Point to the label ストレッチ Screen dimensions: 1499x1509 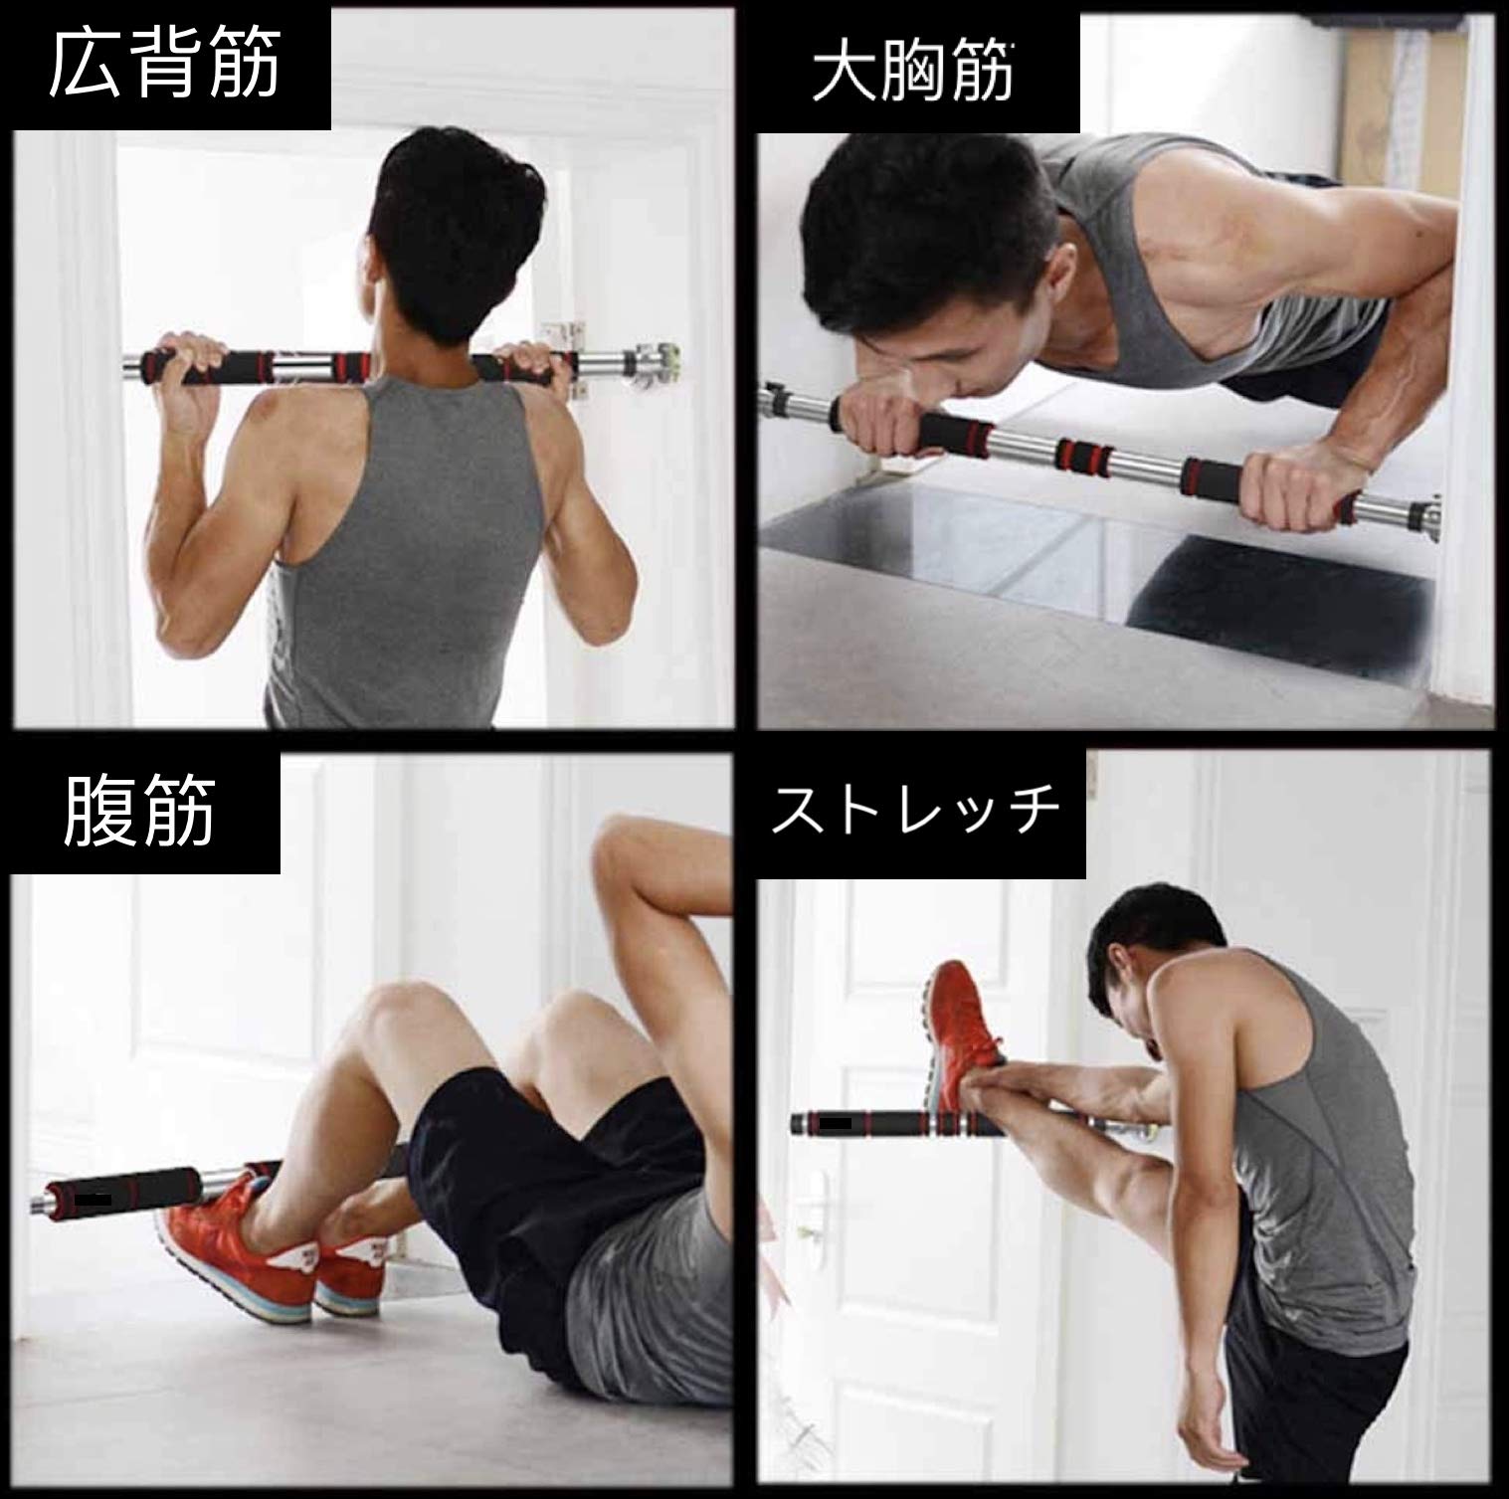(916, 812)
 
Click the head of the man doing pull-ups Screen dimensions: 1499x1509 (439, 199)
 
